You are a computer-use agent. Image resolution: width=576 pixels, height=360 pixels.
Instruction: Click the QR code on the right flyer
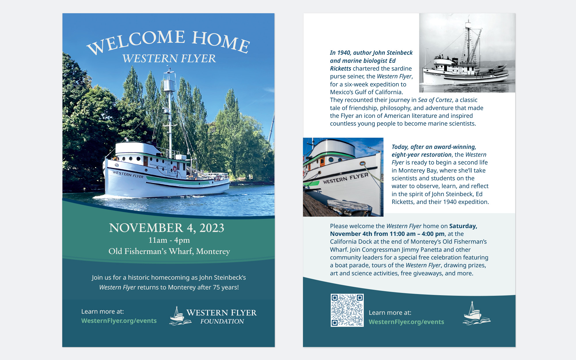coord(347,310)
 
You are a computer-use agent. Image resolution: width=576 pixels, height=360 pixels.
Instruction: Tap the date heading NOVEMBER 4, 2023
coord(166,228)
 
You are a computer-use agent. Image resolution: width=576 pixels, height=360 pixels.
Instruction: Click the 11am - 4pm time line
coord(169,240)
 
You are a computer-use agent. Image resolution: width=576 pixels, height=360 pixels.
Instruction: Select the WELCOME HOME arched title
coord(168,42)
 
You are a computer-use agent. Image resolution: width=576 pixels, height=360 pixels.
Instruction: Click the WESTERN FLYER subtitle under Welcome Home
coord(169,58)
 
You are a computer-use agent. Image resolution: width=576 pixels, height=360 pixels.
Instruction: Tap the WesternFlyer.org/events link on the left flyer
coord(119,321)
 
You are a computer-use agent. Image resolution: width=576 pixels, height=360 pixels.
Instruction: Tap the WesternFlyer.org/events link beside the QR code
coord(406,322)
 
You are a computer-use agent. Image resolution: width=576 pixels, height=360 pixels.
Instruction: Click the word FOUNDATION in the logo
coord(222,321)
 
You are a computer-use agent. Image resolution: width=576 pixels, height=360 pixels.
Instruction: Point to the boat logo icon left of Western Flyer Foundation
coord(180,316)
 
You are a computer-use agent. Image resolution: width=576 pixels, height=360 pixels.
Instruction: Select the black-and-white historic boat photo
coord(467,53)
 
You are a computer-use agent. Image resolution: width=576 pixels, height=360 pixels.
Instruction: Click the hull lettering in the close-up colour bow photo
coord(346,178)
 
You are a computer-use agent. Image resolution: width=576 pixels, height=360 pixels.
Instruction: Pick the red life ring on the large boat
coord(175,169)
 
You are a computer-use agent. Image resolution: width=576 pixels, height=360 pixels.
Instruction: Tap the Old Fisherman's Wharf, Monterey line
coord(169,251)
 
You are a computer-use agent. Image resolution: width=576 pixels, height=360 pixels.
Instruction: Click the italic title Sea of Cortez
coord(435,100)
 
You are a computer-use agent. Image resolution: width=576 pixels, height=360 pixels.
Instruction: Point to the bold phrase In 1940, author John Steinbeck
coord(371,53)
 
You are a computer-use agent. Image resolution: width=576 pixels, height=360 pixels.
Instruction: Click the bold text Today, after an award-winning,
coord(434,147)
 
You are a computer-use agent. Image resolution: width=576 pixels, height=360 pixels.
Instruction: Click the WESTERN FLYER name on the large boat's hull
coord(128,174)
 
